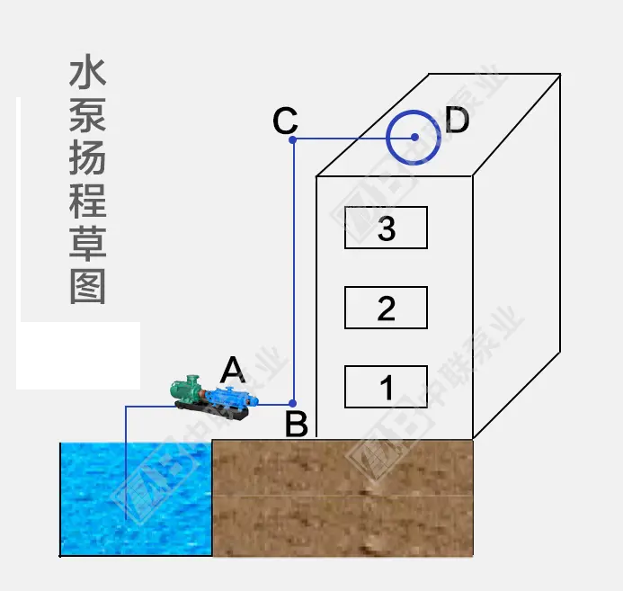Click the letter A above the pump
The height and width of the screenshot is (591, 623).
pos(233,369)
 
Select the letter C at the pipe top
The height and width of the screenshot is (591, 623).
pos(285,120)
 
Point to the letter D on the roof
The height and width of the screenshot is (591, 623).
pos(458,121)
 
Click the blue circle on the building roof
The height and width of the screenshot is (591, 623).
pos(414,138)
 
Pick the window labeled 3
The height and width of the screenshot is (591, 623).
pos(386,228)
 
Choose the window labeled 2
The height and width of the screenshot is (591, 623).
pos(386,308)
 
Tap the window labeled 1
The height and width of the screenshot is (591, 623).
pos(386,388)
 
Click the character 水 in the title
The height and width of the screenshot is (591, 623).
pos(87,74)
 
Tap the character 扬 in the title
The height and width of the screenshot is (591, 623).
pos(87,159)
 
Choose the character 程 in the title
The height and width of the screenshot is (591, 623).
pos(87,201)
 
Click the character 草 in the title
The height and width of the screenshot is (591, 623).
pos(87,245)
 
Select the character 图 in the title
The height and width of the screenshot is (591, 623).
pos(87,287)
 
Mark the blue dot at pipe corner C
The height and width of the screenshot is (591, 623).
pos(293,139)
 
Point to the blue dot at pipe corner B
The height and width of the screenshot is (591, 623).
pos(293,402)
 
